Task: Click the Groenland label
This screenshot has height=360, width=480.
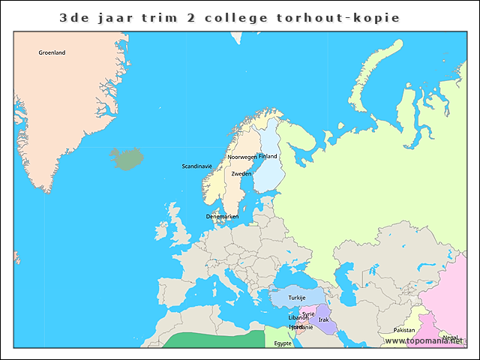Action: click(52, 52)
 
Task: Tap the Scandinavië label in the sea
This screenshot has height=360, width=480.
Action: click(197, 166)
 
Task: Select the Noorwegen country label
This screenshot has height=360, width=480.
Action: click(241, 157)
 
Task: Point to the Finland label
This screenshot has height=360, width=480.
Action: click(268, 156)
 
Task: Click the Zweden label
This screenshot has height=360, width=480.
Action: click(241, 173)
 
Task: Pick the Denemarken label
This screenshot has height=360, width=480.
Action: click(222, 216)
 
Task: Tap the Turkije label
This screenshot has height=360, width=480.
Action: click(297, 298)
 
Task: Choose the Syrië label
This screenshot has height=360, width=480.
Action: click(308, 313)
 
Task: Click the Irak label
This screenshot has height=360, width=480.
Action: click(323, 319)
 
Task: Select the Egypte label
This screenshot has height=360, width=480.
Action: click(283, 343)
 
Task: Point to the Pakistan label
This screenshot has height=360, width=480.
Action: click(403, 330)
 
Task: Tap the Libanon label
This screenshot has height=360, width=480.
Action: click(298, 318)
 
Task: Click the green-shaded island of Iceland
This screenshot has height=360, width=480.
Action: click(126, 158)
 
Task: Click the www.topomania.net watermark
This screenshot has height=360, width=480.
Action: click(424, 341)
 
